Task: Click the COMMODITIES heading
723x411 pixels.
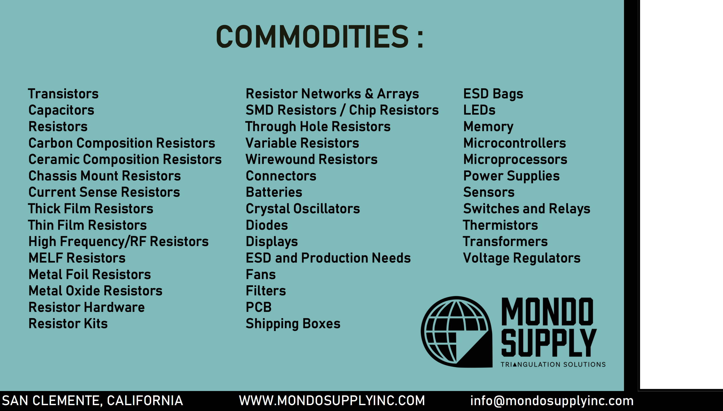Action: pyautogui.click(x=320, y=37)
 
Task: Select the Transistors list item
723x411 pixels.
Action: pyautogui.click(x=63, y=94)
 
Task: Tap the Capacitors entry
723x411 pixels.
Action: pyautogui.click(x=61, y=110)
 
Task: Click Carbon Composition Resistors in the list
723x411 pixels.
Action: pyautogui.click(x=122, y=143)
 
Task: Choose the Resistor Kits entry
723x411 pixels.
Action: pyautogui.click(x=68, y=323)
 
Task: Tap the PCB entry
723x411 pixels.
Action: pyautogui.click(x=258, y=307)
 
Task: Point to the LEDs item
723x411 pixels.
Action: pyautogui.click(x=479, y=110)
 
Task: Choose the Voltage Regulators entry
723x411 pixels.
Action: pyautogui.click(x=522, y=258)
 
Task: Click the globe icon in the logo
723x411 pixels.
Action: pyautogui.click(x=456, y=332)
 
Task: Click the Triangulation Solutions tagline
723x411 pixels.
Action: pyautogui.click(x=553, y=365)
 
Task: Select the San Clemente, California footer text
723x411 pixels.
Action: pyautogui.click(x=92, y=401)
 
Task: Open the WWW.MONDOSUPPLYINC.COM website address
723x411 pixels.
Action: pyautogui.click(x=332, y=401)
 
